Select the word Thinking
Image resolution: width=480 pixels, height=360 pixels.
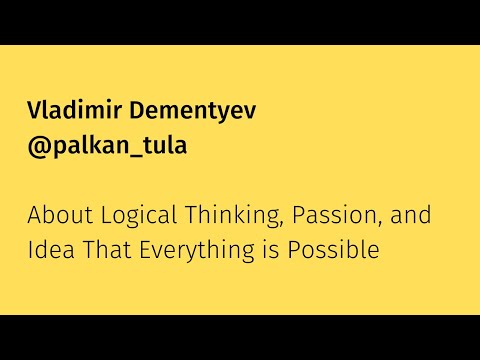(x=222, y=216)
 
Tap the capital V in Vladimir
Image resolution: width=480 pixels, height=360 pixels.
(x=34, y=110)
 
